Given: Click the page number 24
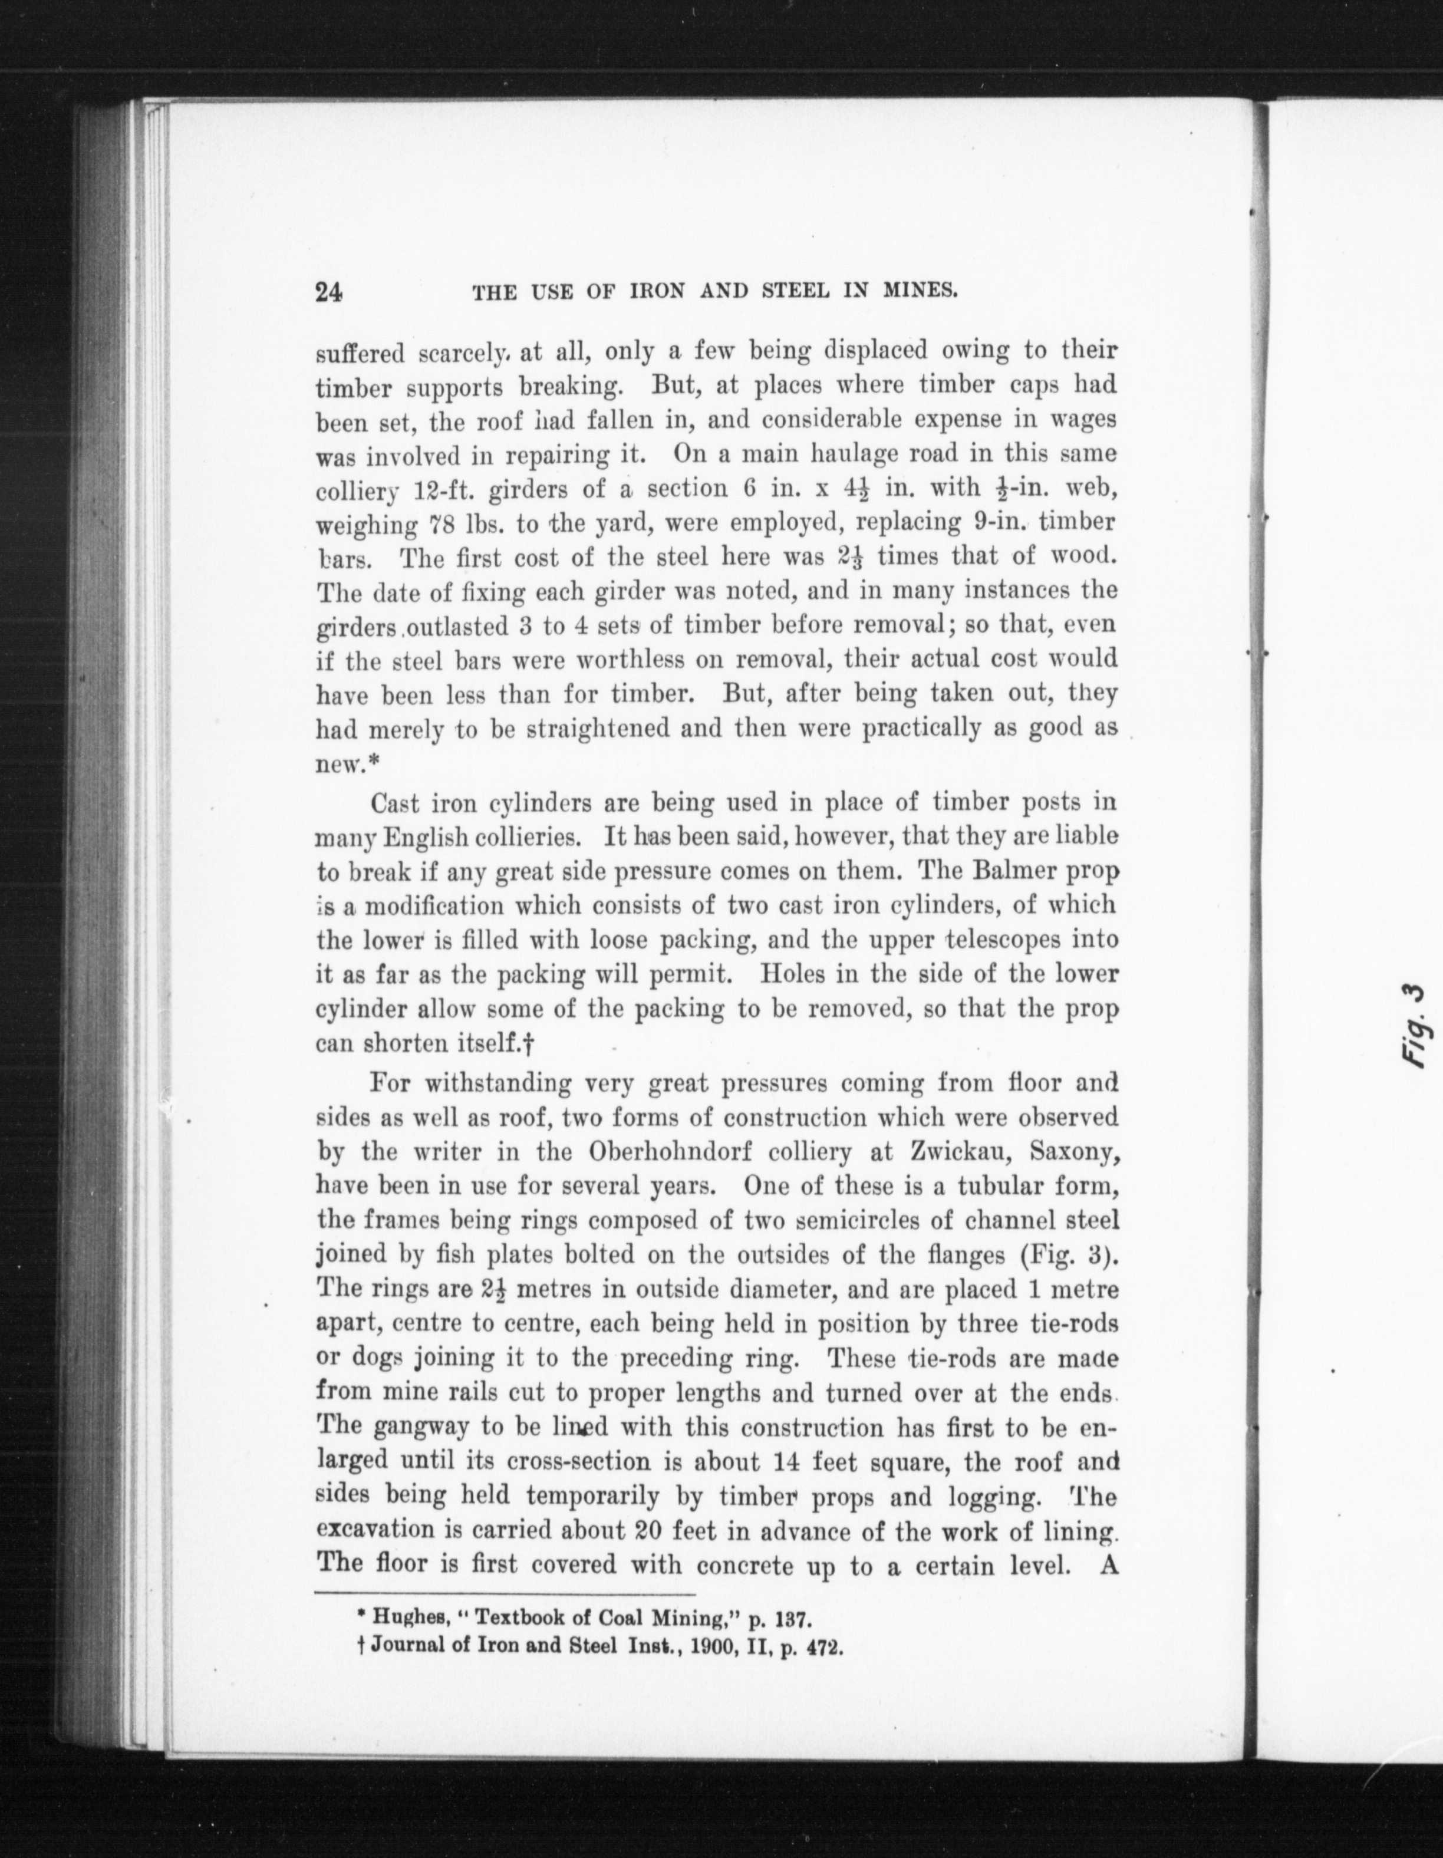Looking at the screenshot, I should point(328,292).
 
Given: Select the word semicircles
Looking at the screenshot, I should point(827,1220).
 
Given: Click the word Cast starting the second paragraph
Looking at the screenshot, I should point(395,802).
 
